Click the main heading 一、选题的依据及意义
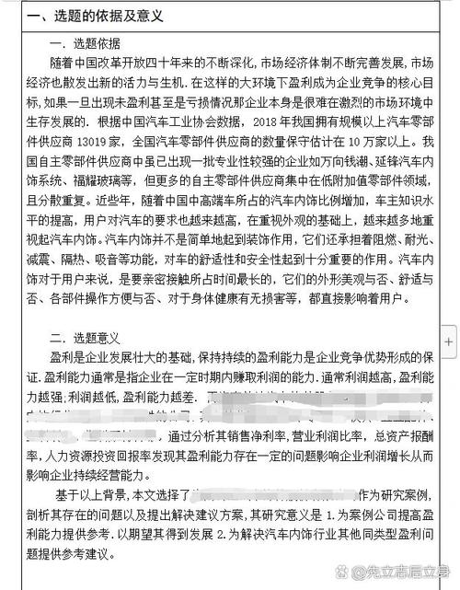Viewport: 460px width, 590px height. coord(86,16)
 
